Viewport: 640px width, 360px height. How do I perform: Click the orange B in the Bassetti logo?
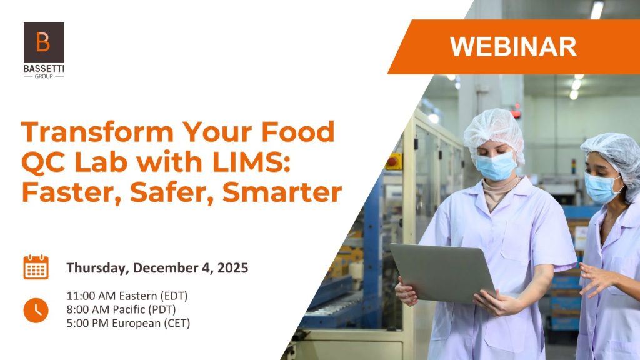(x=43, y=42)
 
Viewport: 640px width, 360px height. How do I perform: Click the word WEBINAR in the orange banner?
(x=512, y=47)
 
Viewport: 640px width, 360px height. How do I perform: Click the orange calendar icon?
(x=36, y=267)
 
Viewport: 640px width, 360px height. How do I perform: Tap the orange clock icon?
(x=36, y=310)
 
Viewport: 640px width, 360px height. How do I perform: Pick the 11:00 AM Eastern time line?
(x=127, y=296)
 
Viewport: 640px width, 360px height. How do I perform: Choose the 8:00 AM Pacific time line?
(x=124, y=309)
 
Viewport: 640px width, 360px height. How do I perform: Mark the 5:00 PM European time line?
(x=128, y=323)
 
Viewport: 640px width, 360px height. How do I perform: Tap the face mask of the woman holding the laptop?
(x=497, y=166)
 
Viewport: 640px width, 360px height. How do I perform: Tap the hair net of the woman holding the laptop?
(x=494, y=128)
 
